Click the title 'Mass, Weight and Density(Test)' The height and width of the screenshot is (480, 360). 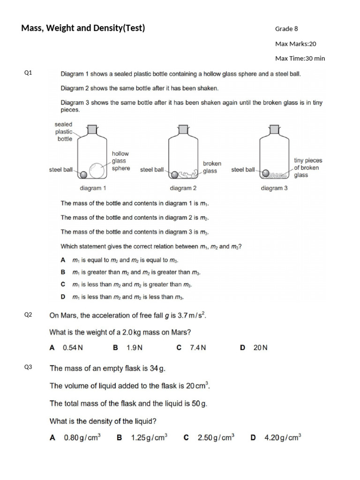(x=83, y=28)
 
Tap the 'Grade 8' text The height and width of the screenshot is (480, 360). (x=286, y=29)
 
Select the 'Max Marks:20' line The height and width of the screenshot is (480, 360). (x=295, y=44)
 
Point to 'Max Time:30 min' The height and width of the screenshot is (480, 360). (x=300, y=59)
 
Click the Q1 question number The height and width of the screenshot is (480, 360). (x=28, y=73)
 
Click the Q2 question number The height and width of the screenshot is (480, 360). (x=28, y=315)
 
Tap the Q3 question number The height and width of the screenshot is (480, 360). (x=28, y=367)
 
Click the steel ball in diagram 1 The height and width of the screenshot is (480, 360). (x=83, y=174)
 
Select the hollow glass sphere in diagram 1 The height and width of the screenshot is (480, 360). (x=97, y=171)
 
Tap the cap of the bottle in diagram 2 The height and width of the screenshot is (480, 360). (x=183, y=128)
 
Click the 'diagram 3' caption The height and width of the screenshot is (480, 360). (x=274, y=188)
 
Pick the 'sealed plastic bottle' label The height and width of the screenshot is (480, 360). (x=64, y=132)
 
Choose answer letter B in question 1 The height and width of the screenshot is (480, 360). (x=63, y=272)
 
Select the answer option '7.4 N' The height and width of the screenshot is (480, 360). (x=197, y=348)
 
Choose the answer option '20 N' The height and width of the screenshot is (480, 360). (x=260, y=348)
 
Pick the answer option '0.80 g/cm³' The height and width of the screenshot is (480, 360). (x=82, y=438)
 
